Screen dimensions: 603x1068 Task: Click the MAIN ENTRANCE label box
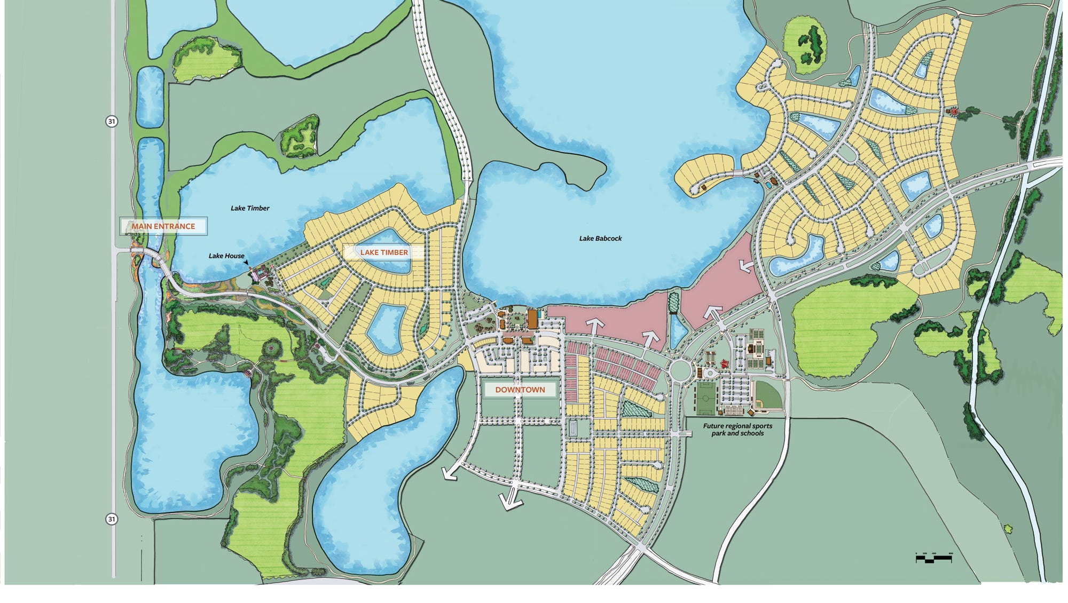163,226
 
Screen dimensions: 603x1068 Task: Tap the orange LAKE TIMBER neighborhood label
383,252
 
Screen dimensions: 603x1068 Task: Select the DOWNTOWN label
520,390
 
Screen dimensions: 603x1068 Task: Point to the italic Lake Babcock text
600,239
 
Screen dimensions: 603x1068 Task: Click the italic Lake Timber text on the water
250,208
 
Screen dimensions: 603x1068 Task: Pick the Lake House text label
226,256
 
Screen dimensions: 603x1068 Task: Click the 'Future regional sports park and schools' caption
737,430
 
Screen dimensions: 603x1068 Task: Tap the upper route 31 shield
111,122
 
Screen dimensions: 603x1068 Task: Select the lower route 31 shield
111,519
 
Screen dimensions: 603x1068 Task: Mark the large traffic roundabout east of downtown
679,368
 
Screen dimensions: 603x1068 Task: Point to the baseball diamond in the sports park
768,396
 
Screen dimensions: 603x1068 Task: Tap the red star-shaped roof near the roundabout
725,364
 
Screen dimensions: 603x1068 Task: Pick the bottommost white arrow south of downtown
510,499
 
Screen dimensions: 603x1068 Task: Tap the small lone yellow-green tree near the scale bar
1008,529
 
